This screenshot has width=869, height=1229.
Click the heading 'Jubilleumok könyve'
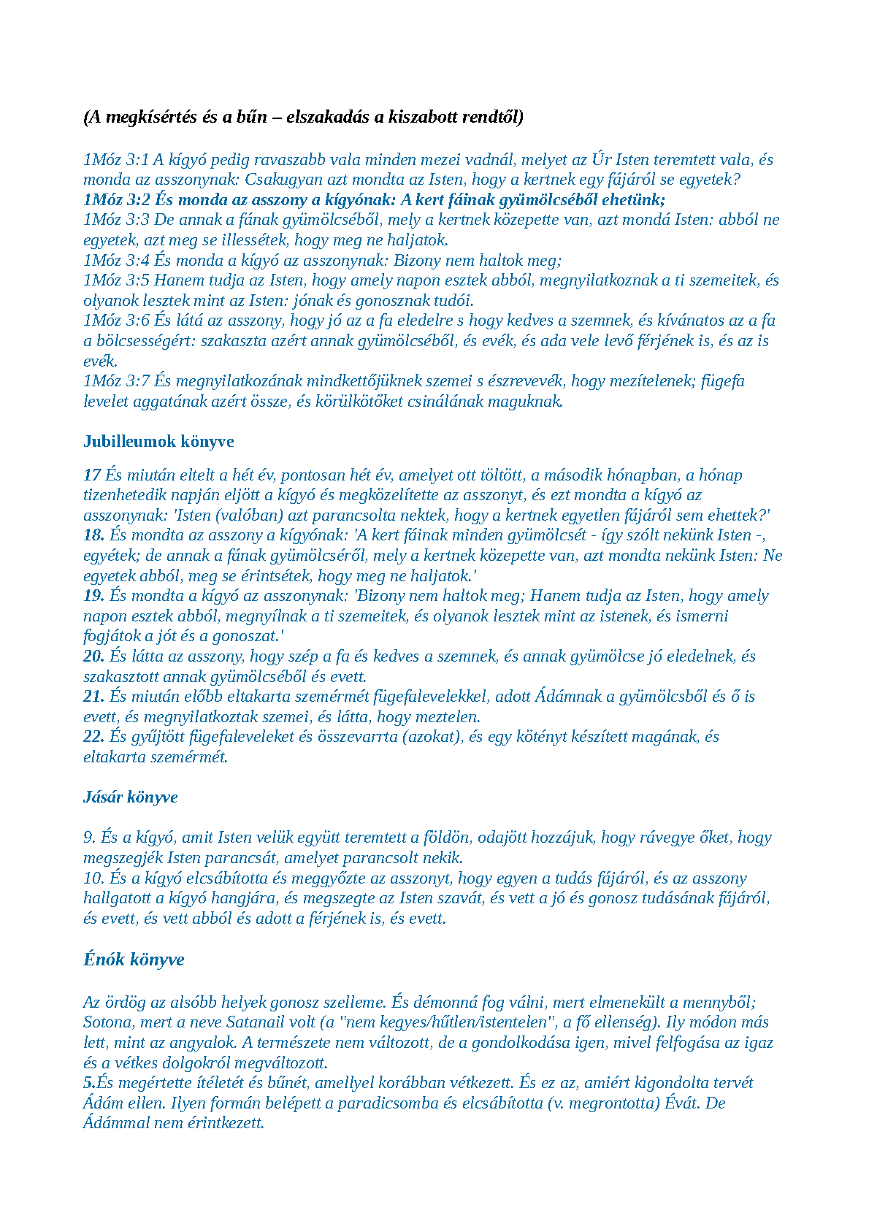pos(158,441)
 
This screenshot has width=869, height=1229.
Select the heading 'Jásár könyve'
pos(131,797)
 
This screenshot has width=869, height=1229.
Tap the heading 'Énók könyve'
pos(134,960)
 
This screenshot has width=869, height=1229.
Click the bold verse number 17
pos(92,475)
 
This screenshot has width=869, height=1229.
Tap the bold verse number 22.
pos(93,737)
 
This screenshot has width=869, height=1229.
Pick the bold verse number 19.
pos(93,596)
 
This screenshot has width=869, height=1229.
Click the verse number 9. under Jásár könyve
pos(89,838)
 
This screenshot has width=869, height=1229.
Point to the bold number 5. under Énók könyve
pos(90,1083)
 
